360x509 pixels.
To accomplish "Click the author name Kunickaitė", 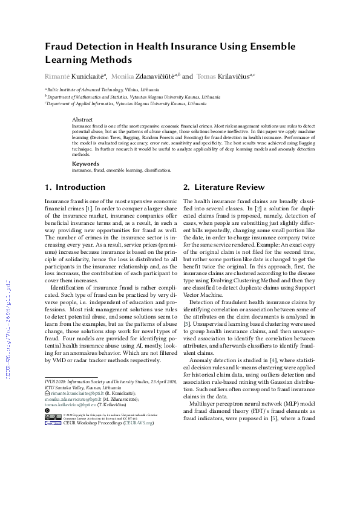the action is point(88,77).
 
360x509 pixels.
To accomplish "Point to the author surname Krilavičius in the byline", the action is point(232,77).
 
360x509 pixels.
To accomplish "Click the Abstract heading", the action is point(83,120).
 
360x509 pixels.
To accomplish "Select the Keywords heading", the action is point(86,164).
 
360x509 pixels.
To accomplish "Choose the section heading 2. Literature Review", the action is point(224,187).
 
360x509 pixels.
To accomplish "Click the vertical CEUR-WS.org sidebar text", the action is point(8,320).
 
